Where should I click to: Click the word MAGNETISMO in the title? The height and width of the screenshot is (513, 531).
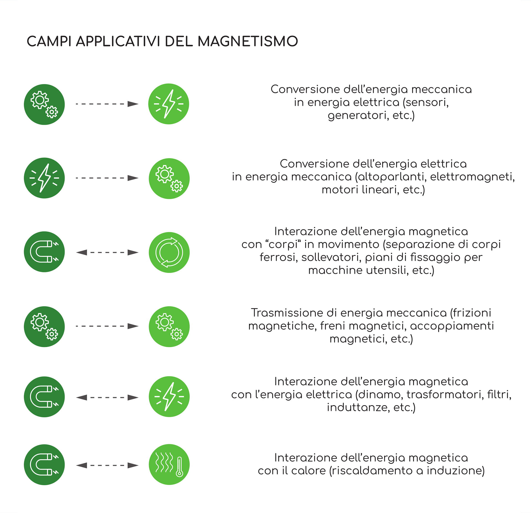pyautogui.click(x=248, y=41)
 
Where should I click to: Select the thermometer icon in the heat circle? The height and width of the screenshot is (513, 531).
pyautogui.click(x=179, y=467)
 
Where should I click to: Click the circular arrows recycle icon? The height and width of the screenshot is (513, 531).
pyautogui.click(x=169, y=252)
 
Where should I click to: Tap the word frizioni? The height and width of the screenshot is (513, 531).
pyautogui.click(x=473, y=313)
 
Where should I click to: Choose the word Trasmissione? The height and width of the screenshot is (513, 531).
pyautogui.click(x=293, y=313)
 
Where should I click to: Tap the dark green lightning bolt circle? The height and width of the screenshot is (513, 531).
pyautogui.click(x=44, y=178)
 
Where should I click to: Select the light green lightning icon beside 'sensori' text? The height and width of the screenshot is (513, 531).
pyautogui.click(x=168, y=104)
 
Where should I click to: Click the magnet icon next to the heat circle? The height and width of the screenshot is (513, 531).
pyautogui.click(x=44, y=465)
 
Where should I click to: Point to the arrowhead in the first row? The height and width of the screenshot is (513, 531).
pyautogui.click(x=133, y=104)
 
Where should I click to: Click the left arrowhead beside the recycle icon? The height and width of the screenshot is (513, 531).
pyautogui.click(x=81, y=252)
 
